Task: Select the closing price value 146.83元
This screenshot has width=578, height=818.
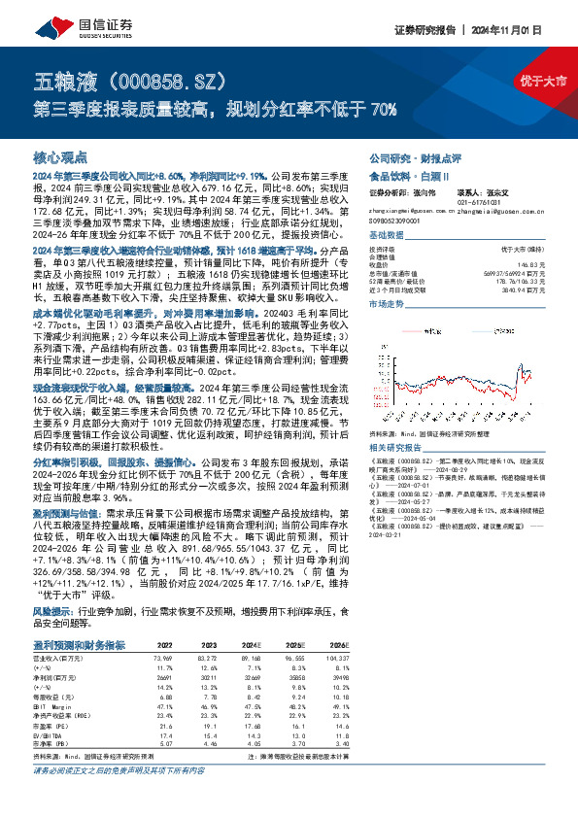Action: [x=535, y=263]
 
